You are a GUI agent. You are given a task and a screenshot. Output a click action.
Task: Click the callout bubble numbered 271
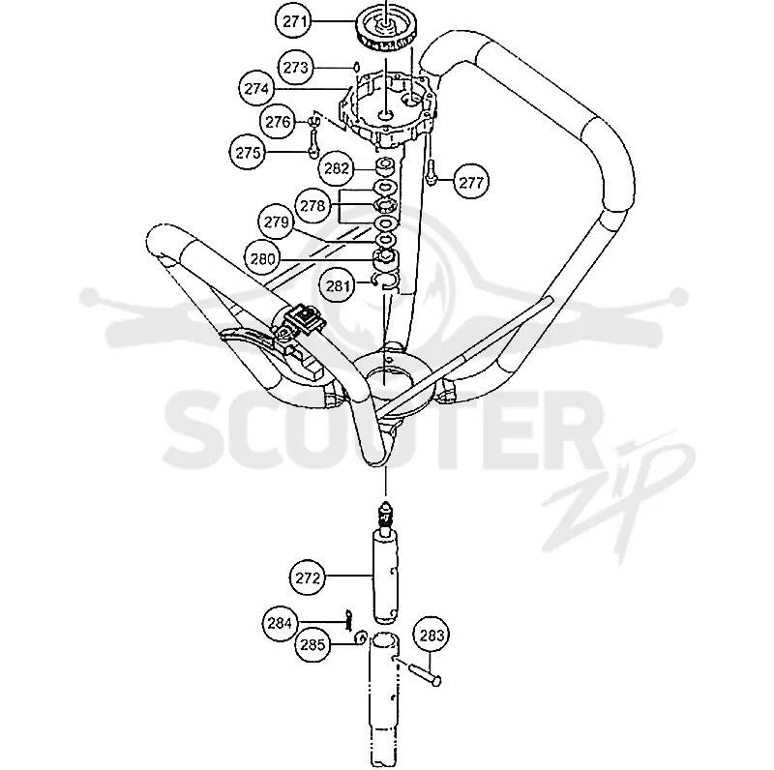[295, 21]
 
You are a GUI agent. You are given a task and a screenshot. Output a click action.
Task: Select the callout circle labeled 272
[308, 578]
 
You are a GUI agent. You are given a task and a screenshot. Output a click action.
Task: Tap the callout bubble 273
[295, 67]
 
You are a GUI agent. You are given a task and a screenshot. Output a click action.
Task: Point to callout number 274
[256, 88]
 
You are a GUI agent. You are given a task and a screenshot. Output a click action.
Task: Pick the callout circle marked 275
[248, 153]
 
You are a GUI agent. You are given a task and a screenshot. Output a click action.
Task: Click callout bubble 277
[471, 183]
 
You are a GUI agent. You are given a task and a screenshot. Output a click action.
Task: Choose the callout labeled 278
[313, 205]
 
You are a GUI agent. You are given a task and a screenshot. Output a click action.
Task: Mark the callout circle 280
[262, 258]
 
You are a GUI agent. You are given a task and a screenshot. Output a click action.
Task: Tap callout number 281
[338, 285]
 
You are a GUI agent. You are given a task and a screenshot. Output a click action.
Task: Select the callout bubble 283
[432, 636]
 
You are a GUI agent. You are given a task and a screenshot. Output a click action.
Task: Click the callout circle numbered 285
[313, 644]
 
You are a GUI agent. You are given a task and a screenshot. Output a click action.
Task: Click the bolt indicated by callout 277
[431, 171]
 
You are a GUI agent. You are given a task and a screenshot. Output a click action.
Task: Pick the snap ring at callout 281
[386, 281]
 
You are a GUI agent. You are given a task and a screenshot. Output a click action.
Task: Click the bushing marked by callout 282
[385, 166]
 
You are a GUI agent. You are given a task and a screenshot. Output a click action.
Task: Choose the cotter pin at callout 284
[349, 620]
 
